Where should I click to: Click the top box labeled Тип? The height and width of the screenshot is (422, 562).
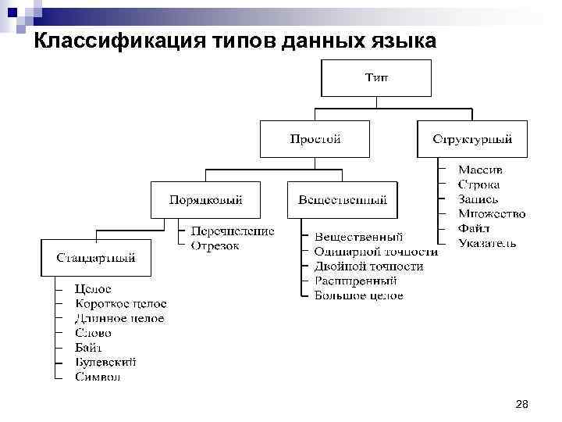pyautogui.click(x=375, y=78)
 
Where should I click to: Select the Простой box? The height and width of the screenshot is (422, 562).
pyautogui.click(x=315, y=140)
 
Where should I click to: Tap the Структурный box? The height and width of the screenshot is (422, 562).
pyautogui.click(x=472, y=140)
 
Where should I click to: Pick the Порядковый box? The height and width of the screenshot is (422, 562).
pyautogui.click(x=205, y=200)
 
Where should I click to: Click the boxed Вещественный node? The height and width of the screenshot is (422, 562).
pyautogui.click(x=342, y=200)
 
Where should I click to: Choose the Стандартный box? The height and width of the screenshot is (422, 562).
pyautogui.click(x=95, y=257)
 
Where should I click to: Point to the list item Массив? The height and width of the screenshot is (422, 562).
pyautogui.click(x=480, y=170)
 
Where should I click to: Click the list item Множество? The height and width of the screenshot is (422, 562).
pyautogui.click(x=492, y=213)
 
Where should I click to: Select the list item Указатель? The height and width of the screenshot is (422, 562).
pyautogui.click(x=487, y=243)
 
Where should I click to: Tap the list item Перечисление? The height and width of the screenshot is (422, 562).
pyautogui.click(x=233, y=231)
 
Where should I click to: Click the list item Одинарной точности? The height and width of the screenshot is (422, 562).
pyautogui.click(x=375, y=252)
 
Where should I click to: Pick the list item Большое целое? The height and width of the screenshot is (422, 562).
pyautogui.click(x=358, y=295)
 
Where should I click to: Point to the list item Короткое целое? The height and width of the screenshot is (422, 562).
pyautogui.click(x=120, y=304)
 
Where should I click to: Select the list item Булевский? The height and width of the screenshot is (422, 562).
pyautogui.click(x=105, y=362)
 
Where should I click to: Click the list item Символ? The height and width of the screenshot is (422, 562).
pyautogui.click(x=98, y=377)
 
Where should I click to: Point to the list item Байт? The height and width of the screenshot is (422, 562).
pyautogui.click(x=88, y=348)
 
